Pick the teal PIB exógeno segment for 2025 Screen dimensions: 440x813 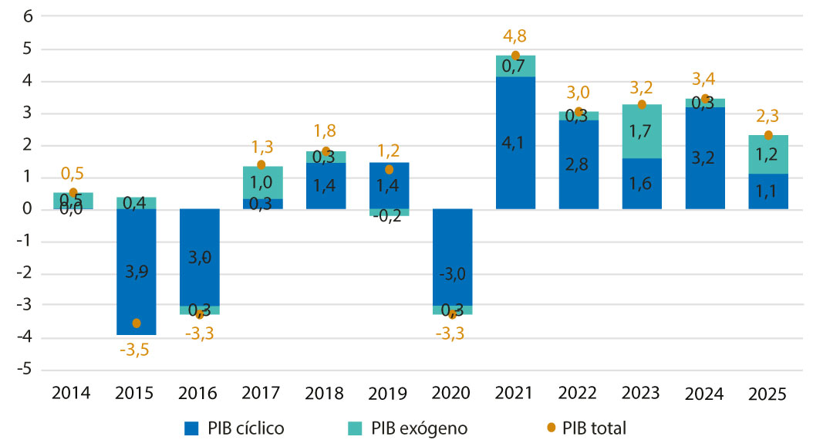[x=767, y=154]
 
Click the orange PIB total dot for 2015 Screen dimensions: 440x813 [x=137, y=323]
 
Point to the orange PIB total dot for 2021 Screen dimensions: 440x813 [x=515, y=56]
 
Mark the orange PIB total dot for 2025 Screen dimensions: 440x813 [x=767, y=135]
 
